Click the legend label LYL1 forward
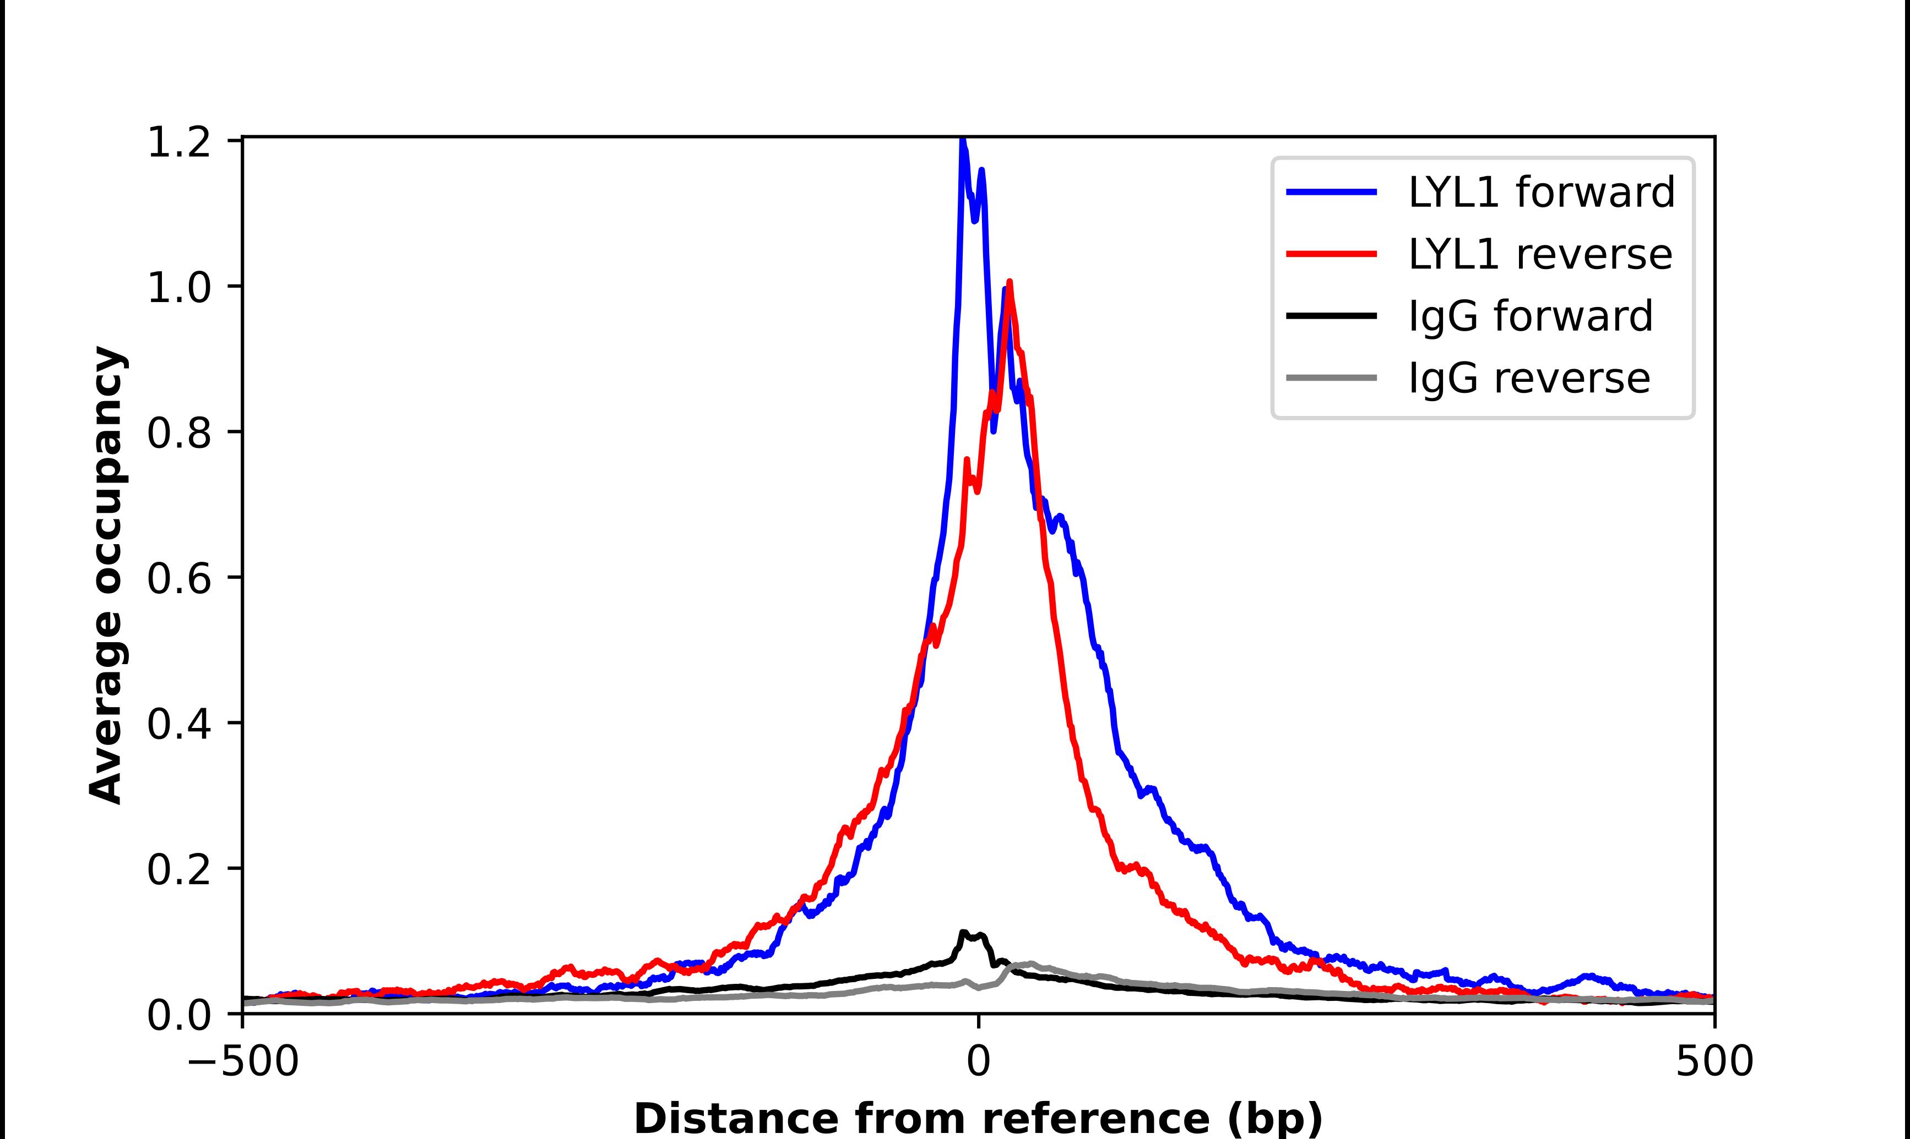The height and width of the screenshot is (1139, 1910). [x=1540, y=192]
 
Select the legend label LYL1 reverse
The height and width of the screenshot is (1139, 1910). [x=1540, y=254]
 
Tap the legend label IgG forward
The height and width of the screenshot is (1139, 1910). [x=1530, y=316]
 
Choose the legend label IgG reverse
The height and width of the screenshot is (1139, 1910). [x=1528, y=379]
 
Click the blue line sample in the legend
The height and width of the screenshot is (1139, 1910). [x=1332, y=192]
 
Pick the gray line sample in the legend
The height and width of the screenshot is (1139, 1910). [x=1332, y=377]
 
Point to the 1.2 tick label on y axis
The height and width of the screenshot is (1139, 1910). [x=178, y=143]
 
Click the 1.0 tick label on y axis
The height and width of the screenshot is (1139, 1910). [x=178, y=288]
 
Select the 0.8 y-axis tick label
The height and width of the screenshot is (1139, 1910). [x=178, y=434]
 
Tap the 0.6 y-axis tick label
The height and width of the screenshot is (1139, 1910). [x=178, y=579]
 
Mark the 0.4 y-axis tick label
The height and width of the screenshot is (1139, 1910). [x=178, y=725]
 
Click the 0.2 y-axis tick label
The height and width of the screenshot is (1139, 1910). [x=178, y=870]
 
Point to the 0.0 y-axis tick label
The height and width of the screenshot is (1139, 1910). [x=178, y=1015]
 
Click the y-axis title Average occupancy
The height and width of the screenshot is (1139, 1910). [x=106, y=575]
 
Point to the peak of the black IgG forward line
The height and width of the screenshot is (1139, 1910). [x=963, y=933]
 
